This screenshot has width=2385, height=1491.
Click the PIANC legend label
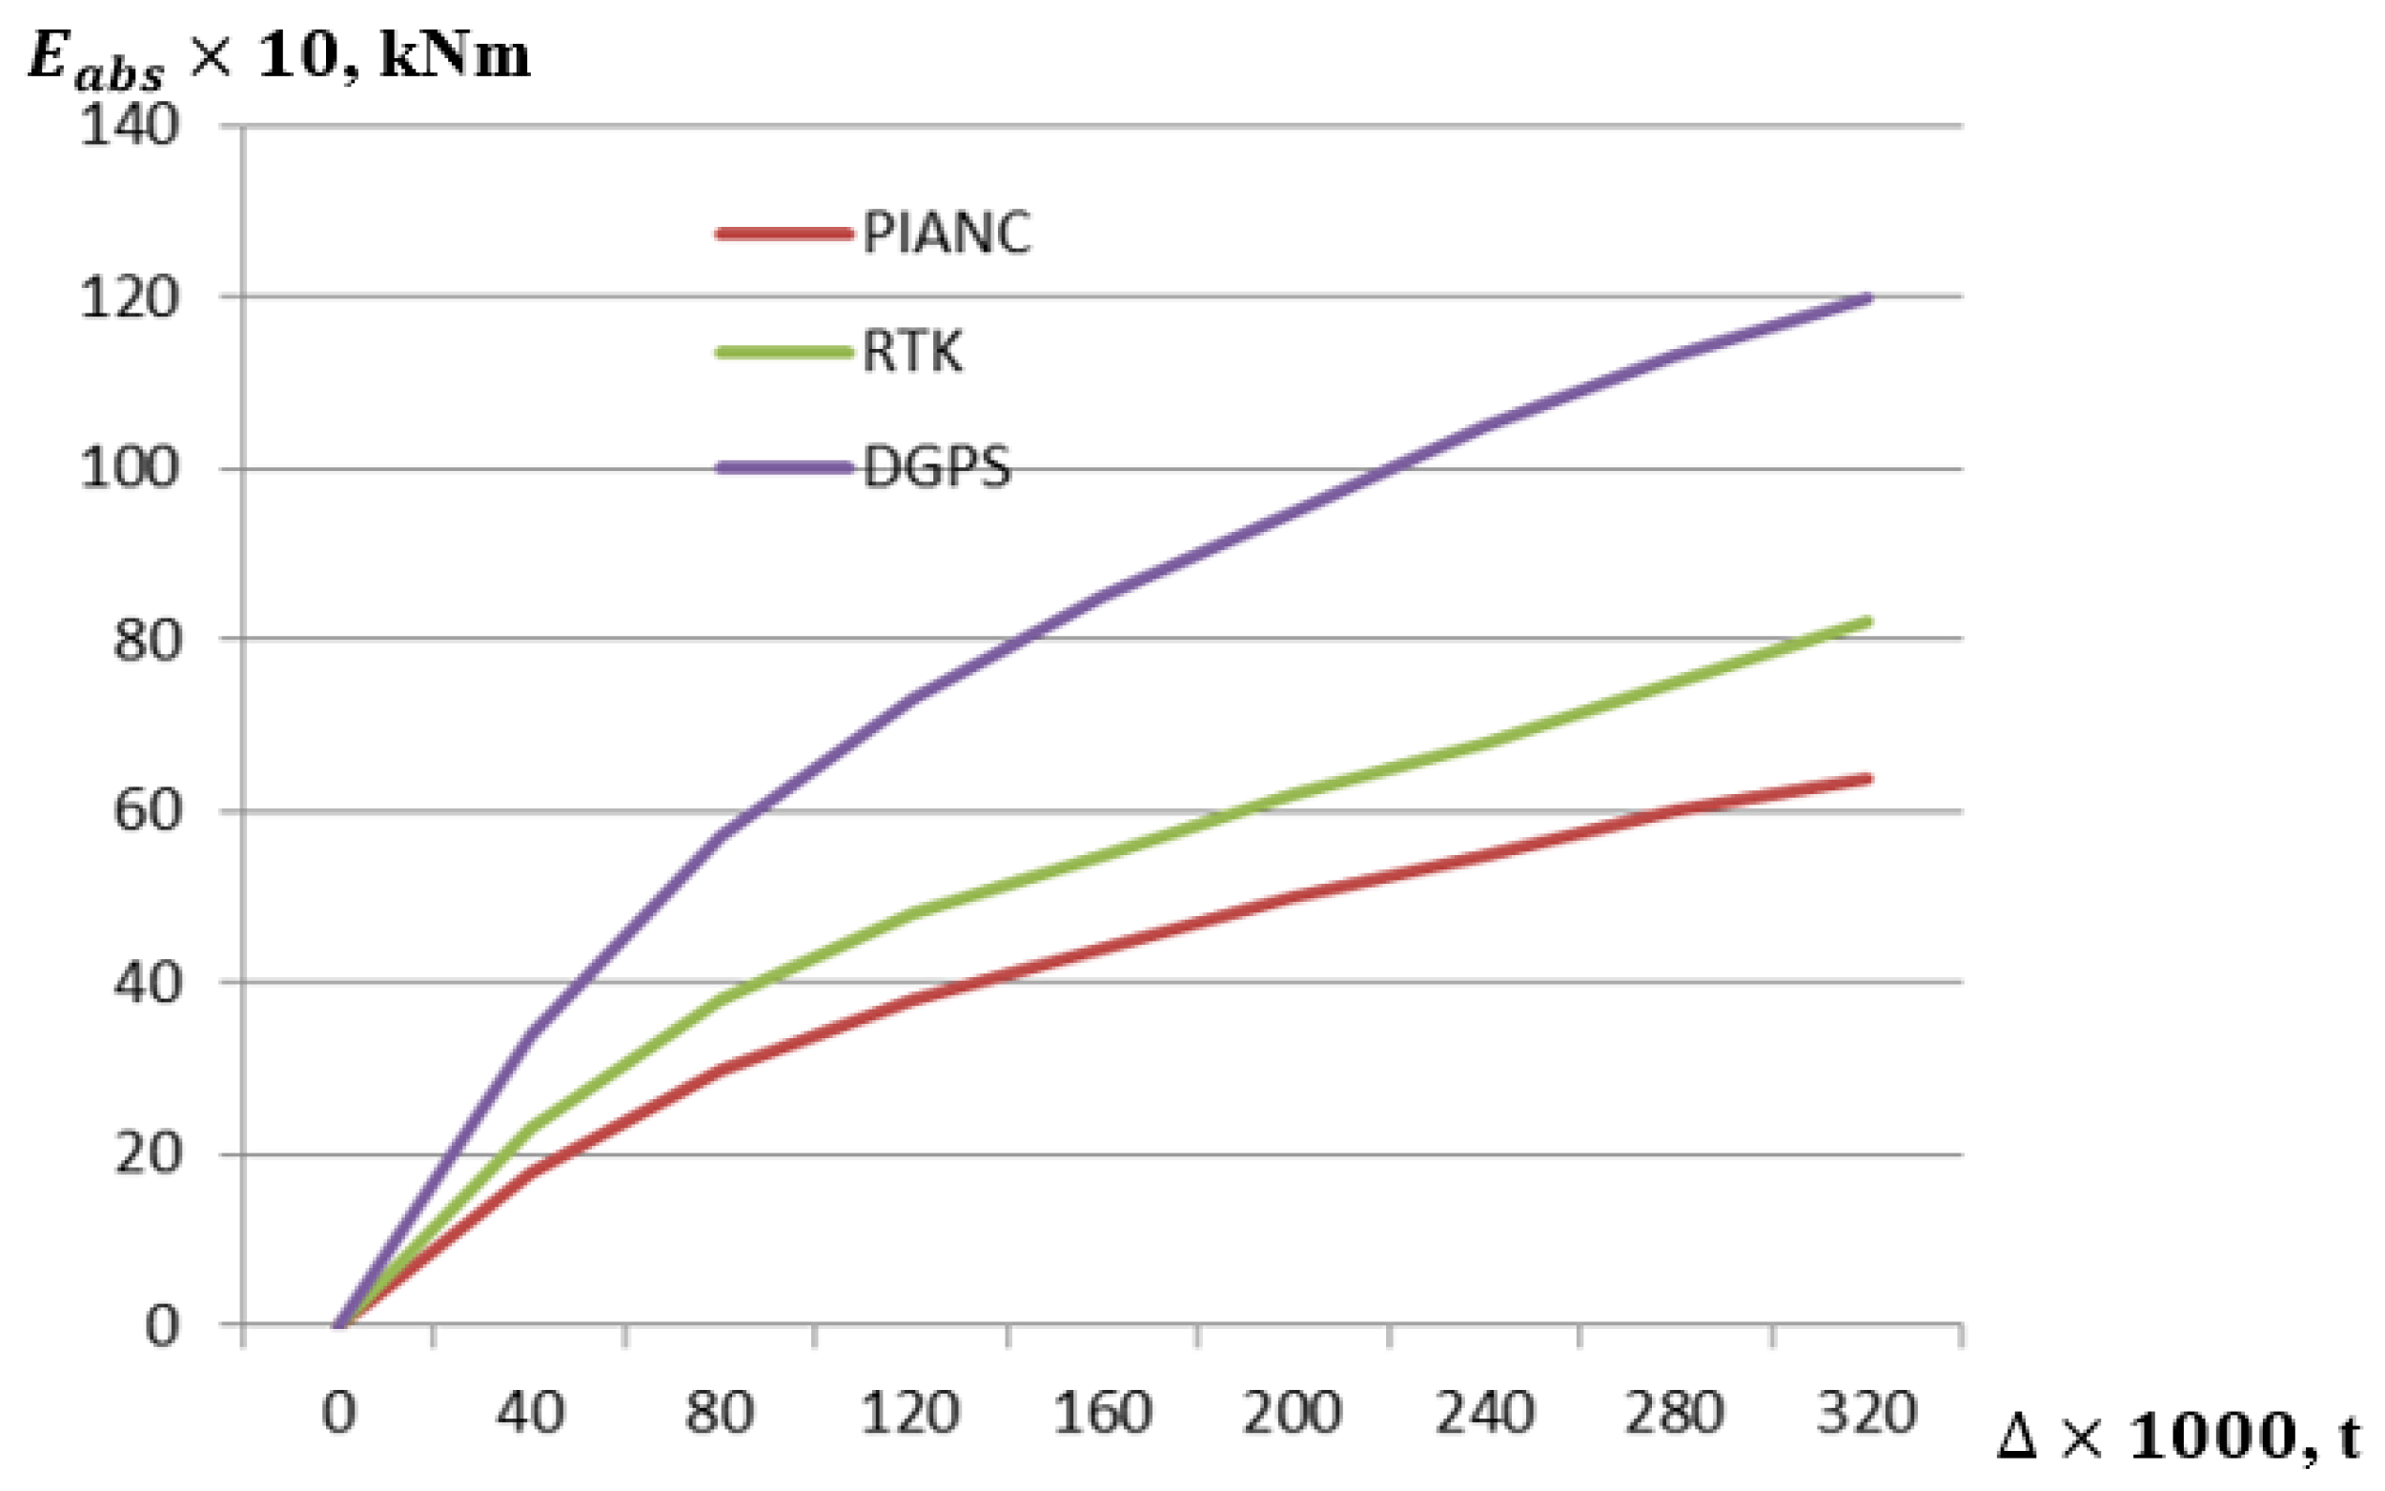click(947, 234)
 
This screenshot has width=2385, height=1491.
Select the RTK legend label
click(912, 351)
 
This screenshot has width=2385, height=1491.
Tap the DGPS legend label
click(937, 467)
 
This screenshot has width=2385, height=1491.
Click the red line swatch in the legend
click(784, 234)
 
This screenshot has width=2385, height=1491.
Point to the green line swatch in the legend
click(784, 352)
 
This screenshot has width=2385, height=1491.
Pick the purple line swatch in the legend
click(784, 467)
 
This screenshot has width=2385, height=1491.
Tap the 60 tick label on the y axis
click(148, 810)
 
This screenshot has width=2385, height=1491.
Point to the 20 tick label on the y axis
click(148, 1154)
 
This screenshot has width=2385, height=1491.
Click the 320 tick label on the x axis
click(1866, 1412)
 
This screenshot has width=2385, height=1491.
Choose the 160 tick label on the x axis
click(1102, 1412)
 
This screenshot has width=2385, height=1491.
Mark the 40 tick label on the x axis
click(529, 1412)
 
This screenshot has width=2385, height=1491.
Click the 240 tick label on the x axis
click(1484, 1412)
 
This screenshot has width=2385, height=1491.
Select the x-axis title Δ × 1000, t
click(2179, 1437)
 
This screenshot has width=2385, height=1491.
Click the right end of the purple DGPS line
click(1866, 297)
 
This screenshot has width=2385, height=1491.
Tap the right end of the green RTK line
click(1866, 622)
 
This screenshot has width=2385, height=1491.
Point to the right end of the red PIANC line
click(1866, 779)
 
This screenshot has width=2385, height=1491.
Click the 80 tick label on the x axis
click(720, 1412)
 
